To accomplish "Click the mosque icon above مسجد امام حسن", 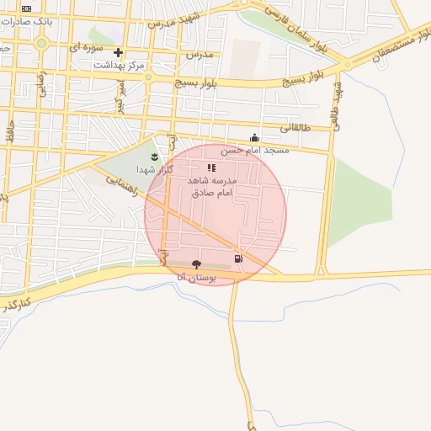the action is click(x=255, y=137).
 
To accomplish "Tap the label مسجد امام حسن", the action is click(x=255, y=150).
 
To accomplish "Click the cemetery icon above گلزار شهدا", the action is click(x=154, y=157).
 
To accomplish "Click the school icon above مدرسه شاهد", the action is click(x=211, y=168).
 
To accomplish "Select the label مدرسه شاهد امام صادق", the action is click(x=212, y=187).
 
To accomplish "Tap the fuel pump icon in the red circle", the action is click(x=239, y=258).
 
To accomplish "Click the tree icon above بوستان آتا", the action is click(x=197, y=264).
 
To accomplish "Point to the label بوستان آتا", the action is click(x=197, y=276).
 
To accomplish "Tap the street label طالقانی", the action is click(x=295, y=130).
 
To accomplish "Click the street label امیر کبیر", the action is click(x=120, y=96).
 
